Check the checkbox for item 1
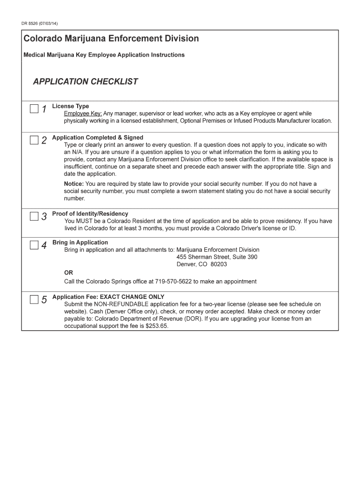pyautogui.click(x=34, y=109)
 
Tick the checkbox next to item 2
pyautogui.click(x=34, y=140)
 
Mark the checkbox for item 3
pyautogui.click(x=34, y=216)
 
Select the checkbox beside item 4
pyautogui.click(x=34, y=245)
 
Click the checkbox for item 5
pyautogui.click(x=34, y=299)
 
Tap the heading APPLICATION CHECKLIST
pyautogui.click(x=85, y=82)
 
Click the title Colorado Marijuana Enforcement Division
pyautogui.click(x=111, y=38)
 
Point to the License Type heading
pyautogui.click(x=70, y=106)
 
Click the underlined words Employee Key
pyautogui.click(x=83, y=114)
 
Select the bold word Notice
pyautogui.click(x=74, y=184)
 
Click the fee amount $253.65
pyautogui.click(x=157, y=327)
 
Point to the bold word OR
pyautogui.click(x=69, y=273)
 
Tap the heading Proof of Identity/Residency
pyautogui.click(x=90, y=214)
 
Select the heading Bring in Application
pyautogui.click(x=80, y=242)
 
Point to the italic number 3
pyautogui.click(x=44, y=217)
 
